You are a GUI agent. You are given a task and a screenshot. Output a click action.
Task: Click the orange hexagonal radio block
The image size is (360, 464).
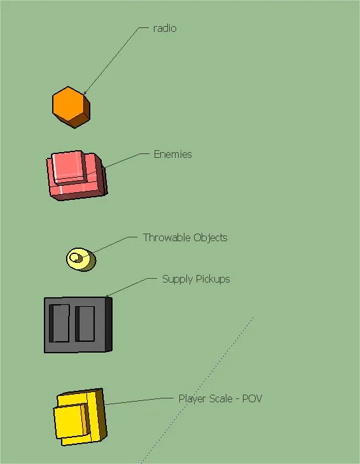point(71,107)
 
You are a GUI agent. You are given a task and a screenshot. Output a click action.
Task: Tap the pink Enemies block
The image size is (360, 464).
point(77,176)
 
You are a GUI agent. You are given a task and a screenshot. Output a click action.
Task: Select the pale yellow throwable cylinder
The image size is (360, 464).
point(81,260)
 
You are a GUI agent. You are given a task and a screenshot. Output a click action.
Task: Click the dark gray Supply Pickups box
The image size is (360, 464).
point(78,325)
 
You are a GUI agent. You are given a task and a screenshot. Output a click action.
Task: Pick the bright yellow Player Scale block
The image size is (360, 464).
point(80,417)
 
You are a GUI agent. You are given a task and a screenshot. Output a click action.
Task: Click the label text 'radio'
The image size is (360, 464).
point(165,29)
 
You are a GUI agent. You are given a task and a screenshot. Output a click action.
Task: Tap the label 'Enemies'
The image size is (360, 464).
point(173,154)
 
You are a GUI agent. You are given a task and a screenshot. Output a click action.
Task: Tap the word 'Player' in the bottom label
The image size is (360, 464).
point(193,399)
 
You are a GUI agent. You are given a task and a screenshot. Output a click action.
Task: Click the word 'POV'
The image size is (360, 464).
point(252,398)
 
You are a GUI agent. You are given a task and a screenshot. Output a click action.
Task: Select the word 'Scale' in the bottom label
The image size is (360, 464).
point(221,398)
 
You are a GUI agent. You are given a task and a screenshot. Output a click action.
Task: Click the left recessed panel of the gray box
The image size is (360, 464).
point(59,323)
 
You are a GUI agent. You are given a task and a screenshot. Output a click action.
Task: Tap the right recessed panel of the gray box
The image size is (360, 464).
point(85,324)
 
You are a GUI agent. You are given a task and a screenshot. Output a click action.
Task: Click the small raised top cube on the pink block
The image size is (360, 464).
point(69,167)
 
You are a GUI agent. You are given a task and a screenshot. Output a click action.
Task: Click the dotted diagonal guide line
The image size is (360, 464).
point(197,390)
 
